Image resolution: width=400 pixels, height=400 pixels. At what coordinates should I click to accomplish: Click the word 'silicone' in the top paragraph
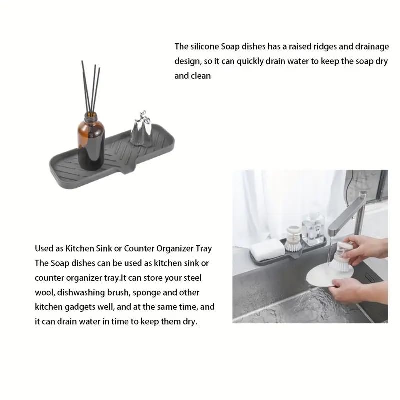[205, 46]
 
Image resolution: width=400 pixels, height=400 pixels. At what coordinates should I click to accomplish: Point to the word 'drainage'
[372, 47]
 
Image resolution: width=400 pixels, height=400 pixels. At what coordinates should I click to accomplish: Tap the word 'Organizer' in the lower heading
[175, 248]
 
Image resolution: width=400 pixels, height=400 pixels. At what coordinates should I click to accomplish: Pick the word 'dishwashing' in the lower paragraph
[81, 292]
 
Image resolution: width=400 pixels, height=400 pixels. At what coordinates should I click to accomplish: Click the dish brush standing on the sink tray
[293, 238]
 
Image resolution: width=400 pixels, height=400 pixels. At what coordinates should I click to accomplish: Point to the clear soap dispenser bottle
[313, 229]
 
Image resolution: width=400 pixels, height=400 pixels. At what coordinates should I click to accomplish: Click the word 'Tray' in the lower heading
[204, 249]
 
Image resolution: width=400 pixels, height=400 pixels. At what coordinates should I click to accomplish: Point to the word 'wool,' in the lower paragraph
[45, 293]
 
